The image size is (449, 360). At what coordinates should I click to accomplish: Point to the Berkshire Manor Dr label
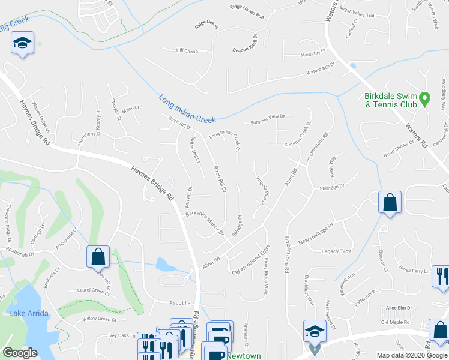[204, 223]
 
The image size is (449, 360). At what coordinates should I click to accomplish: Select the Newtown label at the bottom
[244, 356]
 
